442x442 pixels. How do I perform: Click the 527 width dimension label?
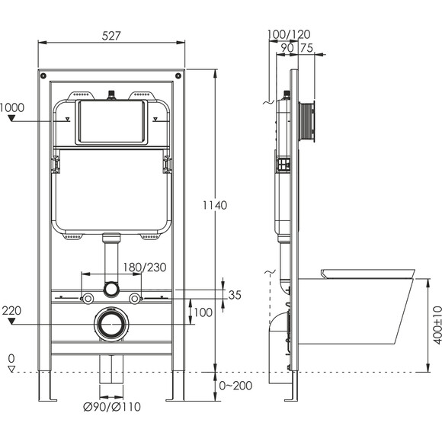point(111,36)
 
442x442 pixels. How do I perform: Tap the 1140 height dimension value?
point(215,205)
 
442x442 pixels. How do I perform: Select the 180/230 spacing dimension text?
point(145,267)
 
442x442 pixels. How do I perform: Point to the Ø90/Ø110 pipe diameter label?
point(112,407)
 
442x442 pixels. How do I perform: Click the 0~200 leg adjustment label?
point(235,386)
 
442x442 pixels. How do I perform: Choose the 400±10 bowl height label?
point(437,325)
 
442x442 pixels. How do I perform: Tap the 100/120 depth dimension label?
point(289,34)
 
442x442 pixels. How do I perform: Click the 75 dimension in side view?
point(306,48)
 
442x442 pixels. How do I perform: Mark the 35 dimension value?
point(235,295)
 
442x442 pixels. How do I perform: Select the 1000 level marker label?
point(12,107)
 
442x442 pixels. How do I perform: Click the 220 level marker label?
point(11,311)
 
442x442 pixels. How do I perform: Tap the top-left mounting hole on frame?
point(43,76)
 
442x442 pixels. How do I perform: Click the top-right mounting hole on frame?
point(178,76)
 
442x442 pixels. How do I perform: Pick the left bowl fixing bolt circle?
point(88,298)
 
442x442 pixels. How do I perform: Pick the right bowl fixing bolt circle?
point(134,298)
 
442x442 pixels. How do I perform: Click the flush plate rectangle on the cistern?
point(111,122)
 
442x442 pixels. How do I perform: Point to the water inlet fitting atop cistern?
point(112,95)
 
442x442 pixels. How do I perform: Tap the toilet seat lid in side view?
point(368,274)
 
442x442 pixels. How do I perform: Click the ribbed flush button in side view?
point(306,122)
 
